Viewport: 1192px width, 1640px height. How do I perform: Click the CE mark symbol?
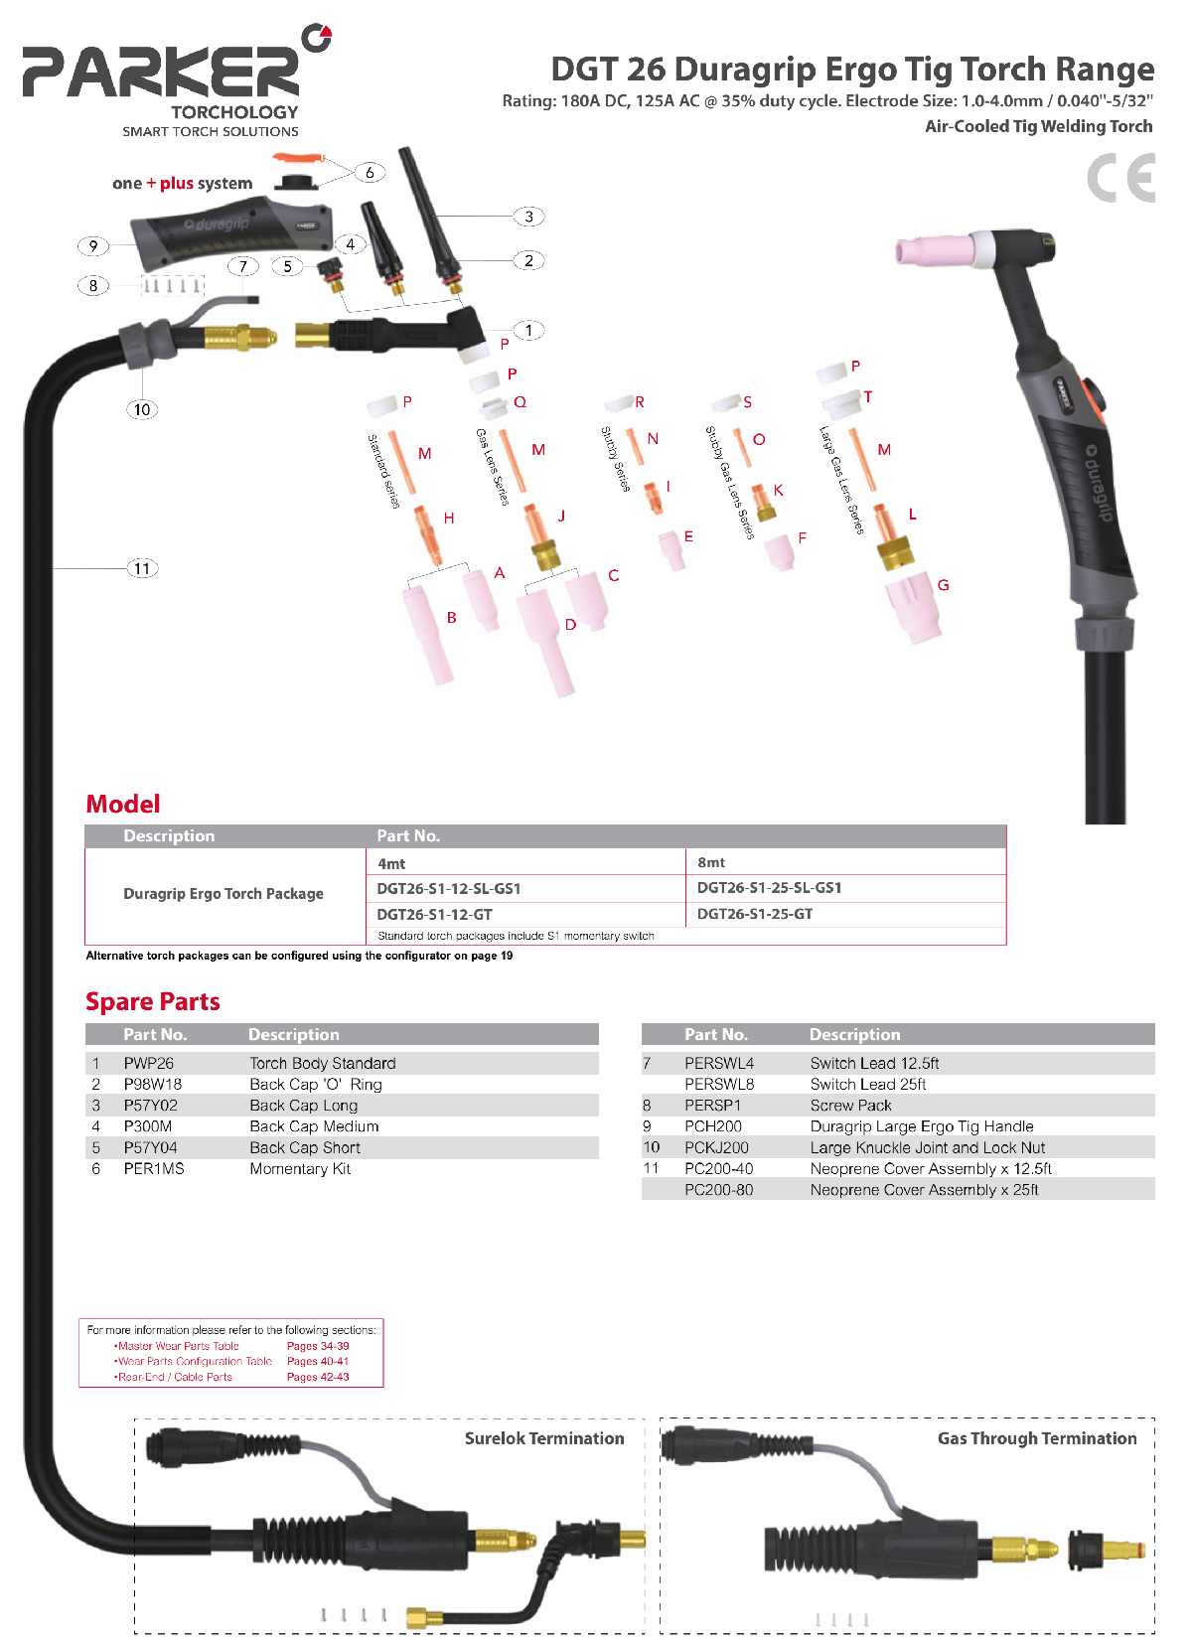click(x=1120, y=178)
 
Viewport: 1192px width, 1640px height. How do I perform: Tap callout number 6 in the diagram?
click(x=370, y=173)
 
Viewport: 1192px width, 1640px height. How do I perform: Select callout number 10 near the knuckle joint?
click(x=142, y=409)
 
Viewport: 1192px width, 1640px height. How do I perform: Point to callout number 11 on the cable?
click(x=142, y=568)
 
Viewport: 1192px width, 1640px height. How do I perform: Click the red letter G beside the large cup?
click(x=943, y=585)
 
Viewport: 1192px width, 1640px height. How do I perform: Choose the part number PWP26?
click(x=149, y=1063)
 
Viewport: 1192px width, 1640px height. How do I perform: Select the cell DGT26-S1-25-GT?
click(x=754, y=914)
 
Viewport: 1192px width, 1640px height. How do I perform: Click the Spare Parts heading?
click(x=152, y=1001)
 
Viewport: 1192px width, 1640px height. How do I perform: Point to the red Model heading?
click(x=123, y=804)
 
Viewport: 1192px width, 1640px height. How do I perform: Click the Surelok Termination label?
click(x=544, y=1438)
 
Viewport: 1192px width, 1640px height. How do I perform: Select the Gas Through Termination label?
click(x=1037, y=1438)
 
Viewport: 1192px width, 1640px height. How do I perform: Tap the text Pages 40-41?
click(x=318, y=1361)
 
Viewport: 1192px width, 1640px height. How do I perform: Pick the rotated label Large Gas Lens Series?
click(x=841, y=481)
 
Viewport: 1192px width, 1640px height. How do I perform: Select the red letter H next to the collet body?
click(x=449, y=519)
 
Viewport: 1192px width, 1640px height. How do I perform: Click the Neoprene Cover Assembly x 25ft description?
click(x=924, y=1190)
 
